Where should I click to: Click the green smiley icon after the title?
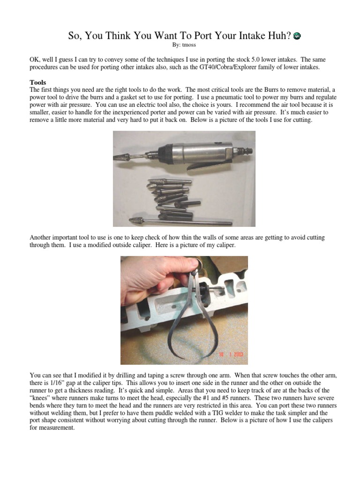pyautogui.click(x=297, y=36)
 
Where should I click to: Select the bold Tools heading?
pyautogui.click(x=37, y=82)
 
